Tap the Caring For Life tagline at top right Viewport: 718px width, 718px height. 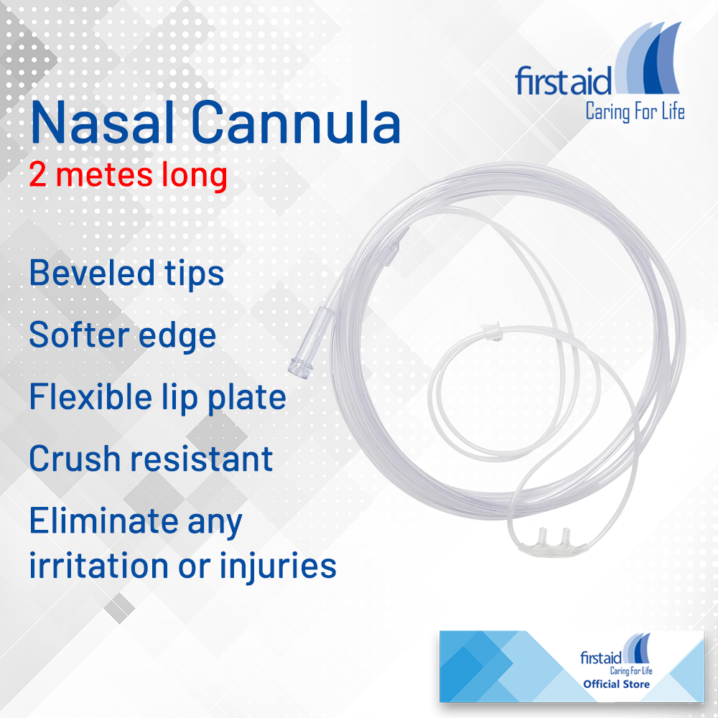click(x=635, y=112)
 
